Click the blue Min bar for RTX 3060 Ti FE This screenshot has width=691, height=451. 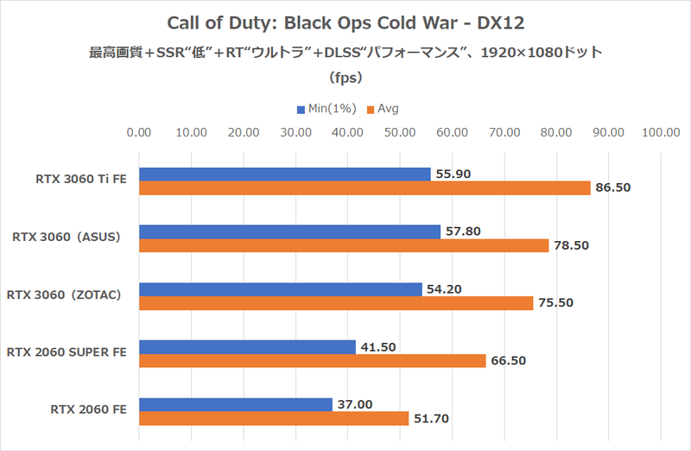[x=284, y=175]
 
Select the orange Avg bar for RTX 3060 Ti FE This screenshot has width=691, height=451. [x=365, y=187]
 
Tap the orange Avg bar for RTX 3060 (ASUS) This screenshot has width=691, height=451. [x=344, y=245]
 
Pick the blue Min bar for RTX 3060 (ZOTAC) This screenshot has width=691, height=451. [x=280, y=289]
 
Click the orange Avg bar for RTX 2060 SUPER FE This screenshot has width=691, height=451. [x=312, y=360]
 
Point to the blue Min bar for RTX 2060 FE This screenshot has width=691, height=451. [x=235, y=404]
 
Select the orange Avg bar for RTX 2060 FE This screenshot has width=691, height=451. [x=273, y=418]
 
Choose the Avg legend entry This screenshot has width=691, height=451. [x=383, y=109]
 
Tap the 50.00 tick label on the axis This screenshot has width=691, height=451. [x=400, y=133]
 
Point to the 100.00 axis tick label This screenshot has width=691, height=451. [x=661, y=133]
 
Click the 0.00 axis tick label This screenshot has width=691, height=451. [x=139, y=133]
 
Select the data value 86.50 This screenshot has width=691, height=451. [x=613, y=187]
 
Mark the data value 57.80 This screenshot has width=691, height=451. [x=463, y=232]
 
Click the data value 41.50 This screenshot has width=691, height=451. [x=378, y=346]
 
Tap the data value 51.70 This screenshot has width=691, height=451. [x=431, y=418]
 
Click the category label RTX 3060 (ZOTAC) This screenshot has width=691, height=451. [x=64, y=295]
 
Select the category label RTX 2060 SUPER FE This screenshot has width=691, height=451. [x=66, y=353]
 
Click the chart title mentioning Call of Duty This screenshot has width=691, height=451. [x=345, y=22]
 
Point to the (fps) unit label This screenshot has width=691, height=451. [x=345, y=78]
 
